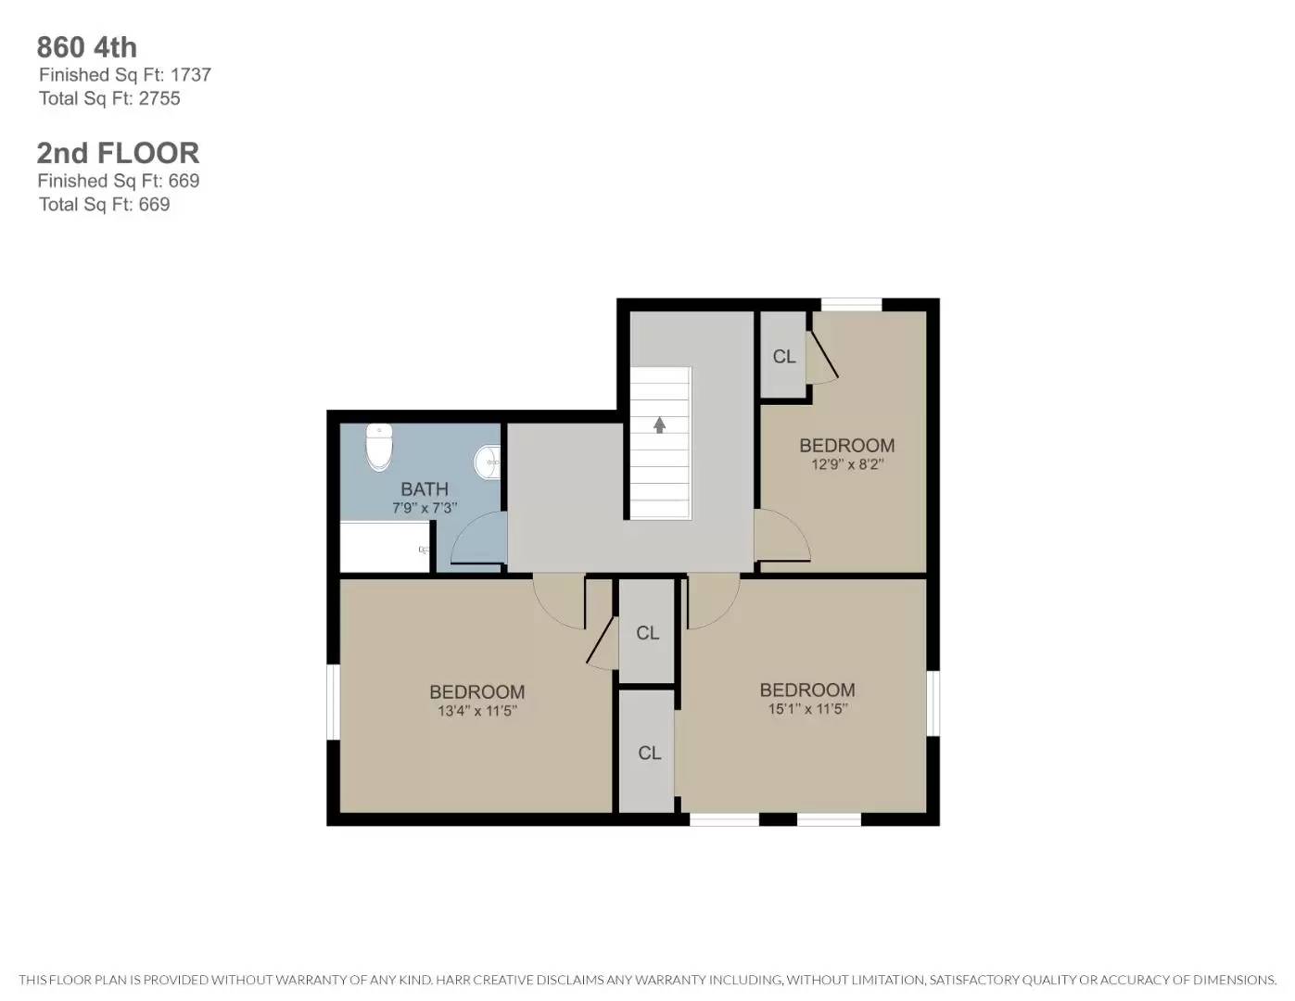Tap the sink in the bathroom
pyautogui.click(x=489, y=462)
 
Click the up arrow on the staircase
pyautogui.click(x=659, y=425)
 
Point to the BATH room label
pyautogui.click(x=425, y=488)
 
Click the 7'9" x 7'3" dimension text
pyautogui.click(x=425, y=509)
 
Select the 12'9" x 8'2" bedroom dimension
pyautogui.click(x=846, y=465)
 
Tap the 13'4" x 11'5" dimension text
pyautogui.click(x=476, y=712)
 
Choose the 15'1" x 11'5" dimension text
pyautogui.click(x=807, y=710)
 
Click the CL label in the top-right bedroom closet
pyautogui.click(x=784, y=357)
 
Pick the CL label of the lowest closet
pyautogui.click(x=649, y=754)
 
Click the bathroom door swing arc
pyautogui.click(x=478, y=539)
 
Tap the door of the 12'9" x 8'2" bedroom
pyautogui.click(x=781, y=538)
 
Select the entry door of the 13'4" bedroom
pyautogui.click(x=560, y=600)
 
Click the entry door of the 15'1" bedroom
pyautogui.click(x=712, y=600)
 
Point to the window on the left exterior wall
pyautogui.click(x=333, y=702)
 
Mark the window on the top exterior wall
pyautogui.click(x=851, y=304)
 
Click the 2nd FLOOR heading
pyautogui.click(x=118, y=153)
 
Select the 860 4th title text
pyautogui.click(x=87, y=47)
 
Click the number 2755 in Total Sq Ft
pyautogui.click(x=159, y=99)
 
